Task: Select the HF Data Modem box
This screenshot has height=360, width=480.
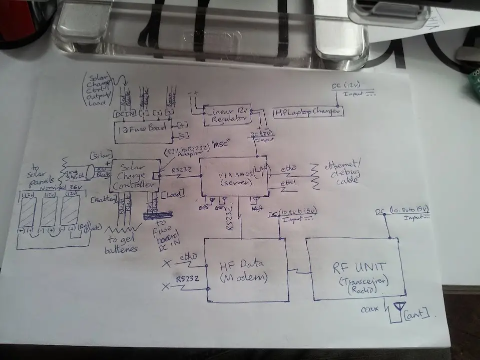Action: click(245, 271)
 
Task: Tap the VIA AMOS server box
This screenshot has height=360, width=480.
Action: click(233, 176)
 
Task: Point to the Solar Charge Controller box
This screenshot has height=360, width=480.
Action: click(134, 175)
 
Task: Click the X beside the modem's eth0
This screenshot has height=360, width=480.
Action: click(167, 262)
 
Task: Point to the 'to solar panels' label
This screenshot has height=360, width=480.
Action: click(37, 173)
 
